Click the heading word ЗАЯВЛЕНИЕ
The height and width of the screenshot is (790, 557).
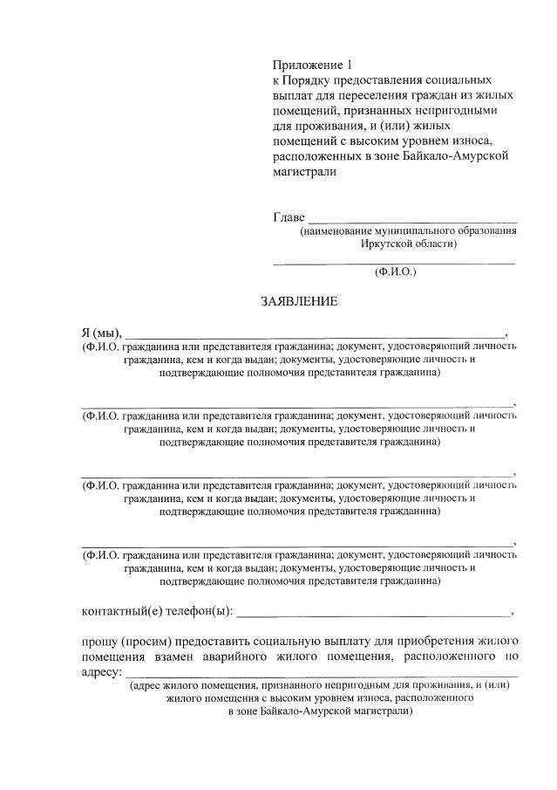click(x=299, y=302)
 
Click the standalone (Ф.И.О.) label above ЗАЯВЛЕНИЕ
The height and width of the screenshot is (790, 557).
click(x=395, y=271)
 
